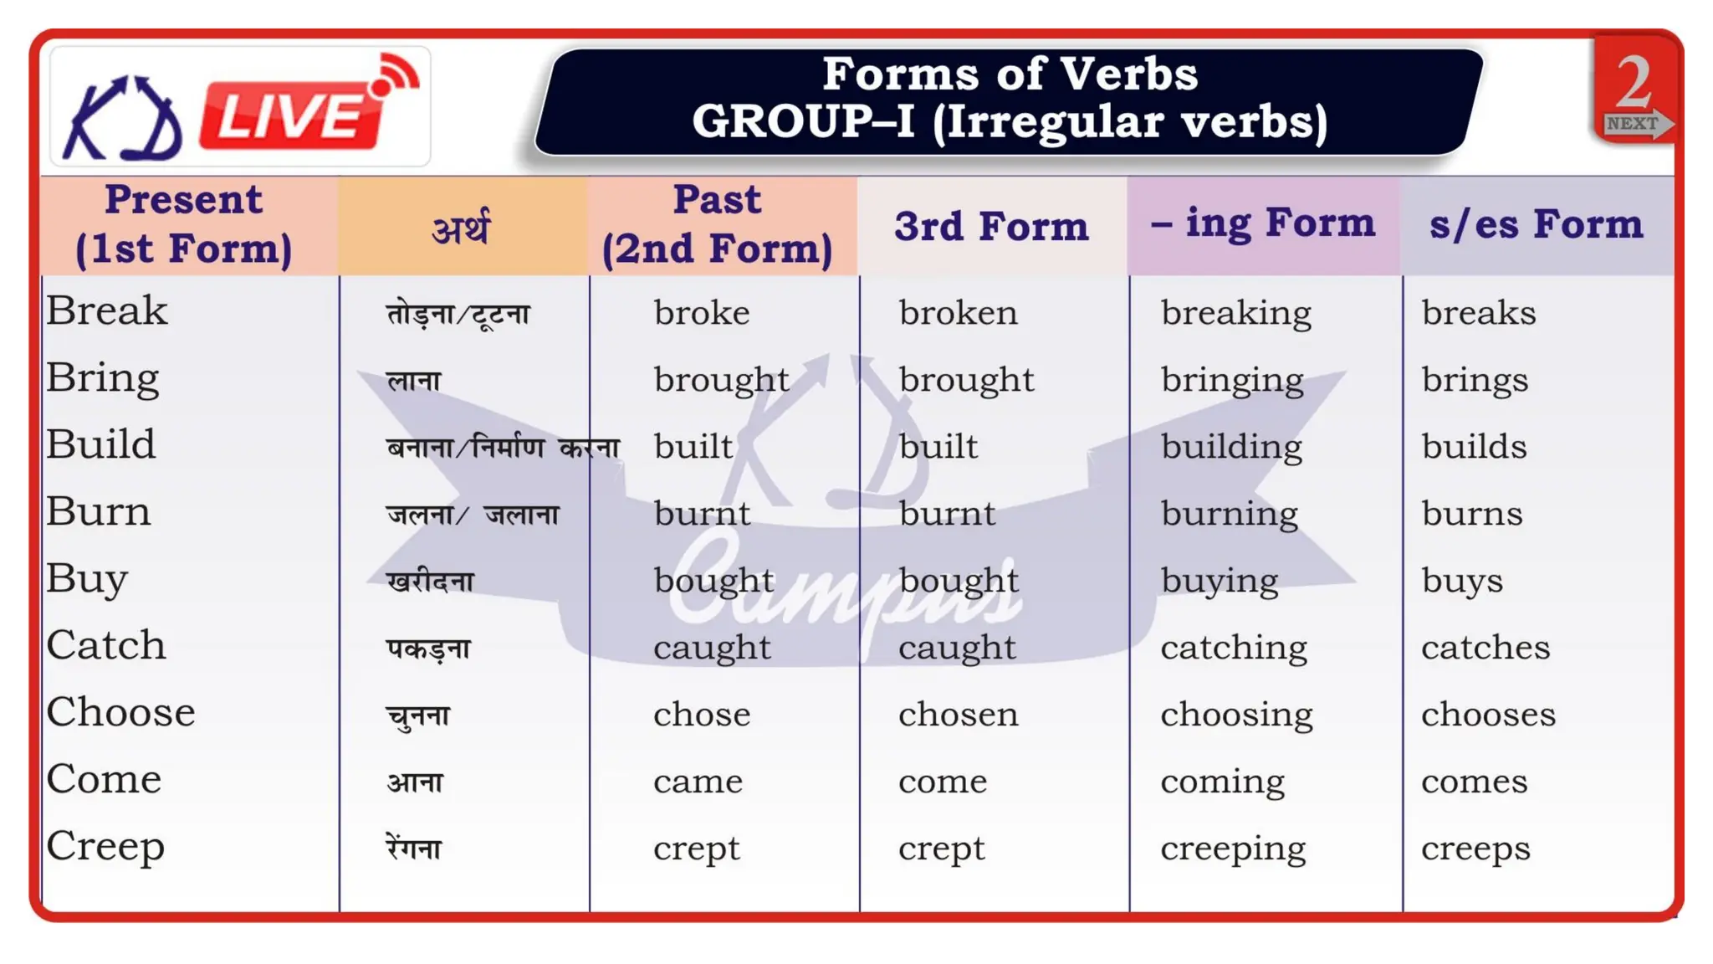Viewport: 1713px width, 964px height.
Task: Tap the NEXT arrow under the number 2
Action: (x=1635, y=124)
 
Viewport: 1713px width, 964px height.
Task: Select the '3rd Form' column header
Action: (x=991, y=226)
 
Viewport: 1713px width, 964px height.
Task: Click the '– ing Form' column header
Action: (x=1263, y=223)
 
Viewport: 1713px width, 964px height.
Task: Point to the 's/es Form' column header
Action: (x=1536, y=224)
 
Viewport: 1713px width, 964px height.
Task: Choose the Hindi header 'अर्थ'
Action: (x=461, y=228)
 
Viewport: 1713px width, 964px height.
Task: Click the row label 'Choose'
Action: (x=120, y=712)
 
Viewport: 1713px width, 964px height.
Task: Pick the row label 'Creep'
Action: (x=105, y=846)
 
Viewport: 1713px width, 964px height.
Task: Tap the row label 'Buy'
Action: (x=87, y=578)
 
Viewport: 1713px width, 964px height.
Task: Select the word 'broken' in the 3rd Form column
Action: (x=958, y=313)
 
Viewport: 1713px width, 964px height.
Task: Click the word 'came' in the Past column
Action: (x=698, y=782)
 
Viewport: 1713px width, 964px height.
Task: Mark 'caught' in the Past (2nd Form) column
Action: (x=712, y=648)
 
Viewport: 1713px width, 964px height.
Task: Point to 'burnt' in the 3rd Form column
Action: (x=947, y=514)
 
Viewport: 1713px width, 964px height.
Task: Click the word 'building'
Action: (x=1231, y=447)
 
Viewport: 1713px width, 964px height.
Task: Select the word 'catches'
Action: (x=1485, y=648)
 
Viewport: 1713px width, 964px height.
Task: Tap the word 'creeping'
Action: (x=1233, y=849)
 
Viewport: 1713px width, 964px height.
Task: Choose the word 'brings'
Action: (x=1475, y=380)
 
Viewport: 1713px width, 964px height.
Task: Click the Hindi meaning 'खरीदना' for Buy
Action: (x=430, y=581)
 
